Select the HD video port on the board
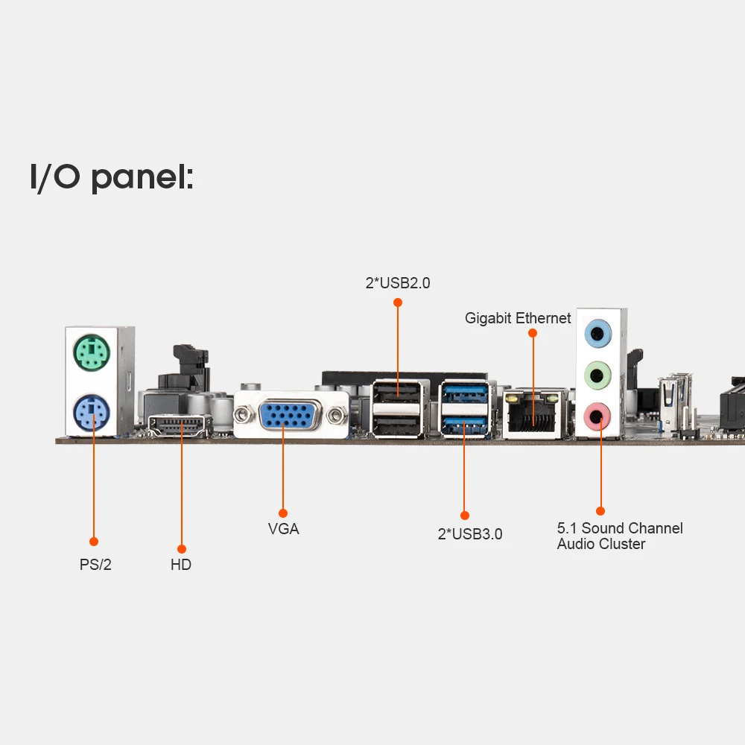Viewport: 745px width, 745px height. coord(181,427)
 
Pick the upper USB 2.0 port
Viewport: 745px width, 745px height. coord(398,391)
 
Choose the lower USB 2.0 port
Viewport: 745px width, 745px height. coord(398,425)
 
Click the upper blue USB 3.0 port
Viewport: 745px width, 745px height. coord(465,391)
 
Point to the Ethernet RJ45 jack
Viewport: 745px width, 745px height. coord(532,417)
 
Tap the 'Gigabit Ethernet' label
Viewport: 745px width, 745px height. coord(518,318)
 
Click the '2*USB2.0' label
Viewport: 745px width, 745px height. coord(397,283)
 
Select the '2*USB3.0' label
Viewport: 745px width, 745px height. coord(469,534)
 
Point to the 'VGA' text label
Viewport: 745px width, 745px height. coord(283,529)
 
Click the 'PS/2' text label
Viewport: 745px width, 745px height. coord(95,565)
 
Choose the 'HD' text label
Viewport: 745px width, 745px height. coord(181,565)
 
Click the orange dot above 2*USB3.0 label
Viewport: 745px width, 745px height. coord(465,515)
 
